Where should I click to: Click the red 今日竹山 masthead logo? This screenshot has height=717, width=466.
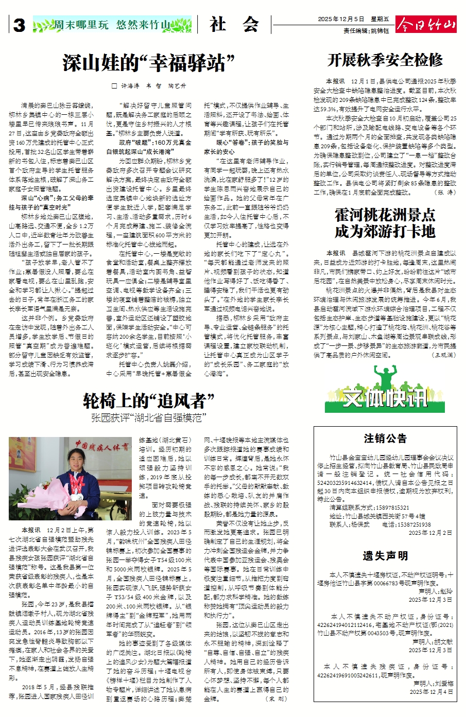pos(426,24)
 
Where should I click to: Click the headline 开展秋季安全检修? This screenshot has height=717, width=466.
pos(385,60)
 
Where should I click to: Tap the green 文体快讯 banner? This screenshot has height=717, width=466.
pos(385,398)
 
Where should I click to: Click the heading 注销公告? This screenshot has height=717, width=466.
pos(385,439)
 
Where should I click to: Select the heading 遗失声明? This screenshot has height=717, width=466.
pos(385,556)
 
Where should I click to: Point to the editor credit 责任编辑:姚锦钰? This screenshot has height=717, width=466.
pos(366,31)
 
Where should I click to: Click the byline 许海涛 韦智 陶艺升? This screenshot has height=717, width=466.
pos(150,86)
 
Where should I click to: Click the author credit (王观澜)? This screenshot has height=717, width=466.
pos(443,355)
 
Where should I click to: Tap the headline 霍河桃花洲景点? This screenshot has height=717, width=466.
pos(385,215)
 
